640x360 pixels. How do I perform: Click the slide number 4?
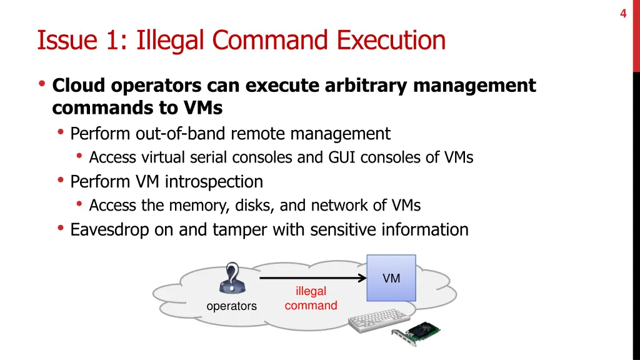click(623, 14)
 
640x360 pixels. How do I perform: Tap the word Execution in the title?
click(392, 41)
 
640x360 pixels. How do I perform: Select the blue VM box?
click(391, 278)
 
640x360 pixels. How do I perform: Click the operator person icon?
click(232, 278)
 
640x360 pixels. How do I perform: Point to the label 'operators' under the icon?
click(231, 306)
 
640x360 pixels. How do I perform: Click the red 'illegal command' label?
click(311, 298)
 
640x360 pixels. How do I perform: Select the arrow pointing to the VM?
click(312, 278)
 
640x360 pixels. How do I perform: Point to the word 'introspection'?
click(214, 182)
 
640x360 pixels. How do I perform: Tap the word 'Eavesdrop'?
click(109, 230)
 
